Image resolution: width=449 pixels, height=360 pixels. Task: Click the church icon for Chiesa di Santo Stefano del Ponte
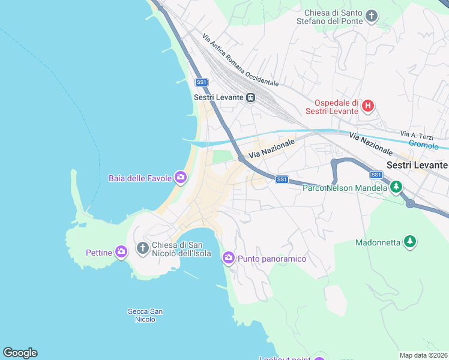coord(372,15)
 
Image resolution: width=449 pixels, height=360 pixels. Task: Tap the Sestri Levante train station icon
coord(251,97)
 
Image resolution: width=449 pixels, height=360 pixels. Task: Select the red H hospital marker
coord(368,107)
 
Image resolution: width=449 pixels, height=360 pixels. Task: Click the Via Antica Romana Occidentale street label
coord(240,59)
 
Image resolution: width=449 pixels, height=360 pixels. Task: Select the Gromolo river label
coord(423,144)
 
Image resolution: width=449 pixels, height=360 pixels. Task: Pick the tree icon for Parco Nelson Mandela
coord(396,187)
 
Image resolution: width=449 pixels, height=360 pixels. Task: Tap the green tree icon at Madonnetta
coord(410,241)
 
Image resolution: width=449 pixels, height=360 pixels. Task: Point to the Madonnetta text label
coord(377,242)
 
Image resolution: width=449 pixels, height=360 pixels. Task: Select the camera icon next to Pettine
coord(121,252)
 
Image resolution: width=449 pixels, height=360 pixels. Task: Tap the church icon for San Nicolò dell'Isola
coord(143,247)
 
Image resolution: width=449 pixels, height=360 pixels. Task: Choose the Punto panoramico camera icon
coord(228,258)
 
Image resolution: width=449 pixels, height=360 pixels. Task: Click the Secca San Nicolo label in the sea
coord(145,315)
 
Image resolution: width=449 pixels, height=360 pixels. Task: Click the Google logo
coord(20,353)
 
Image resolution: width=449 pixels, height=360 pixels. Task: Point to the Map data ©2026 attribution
coord(423,355)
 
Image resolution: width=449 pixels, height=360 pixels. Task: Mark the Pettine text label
coord(99,253)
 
